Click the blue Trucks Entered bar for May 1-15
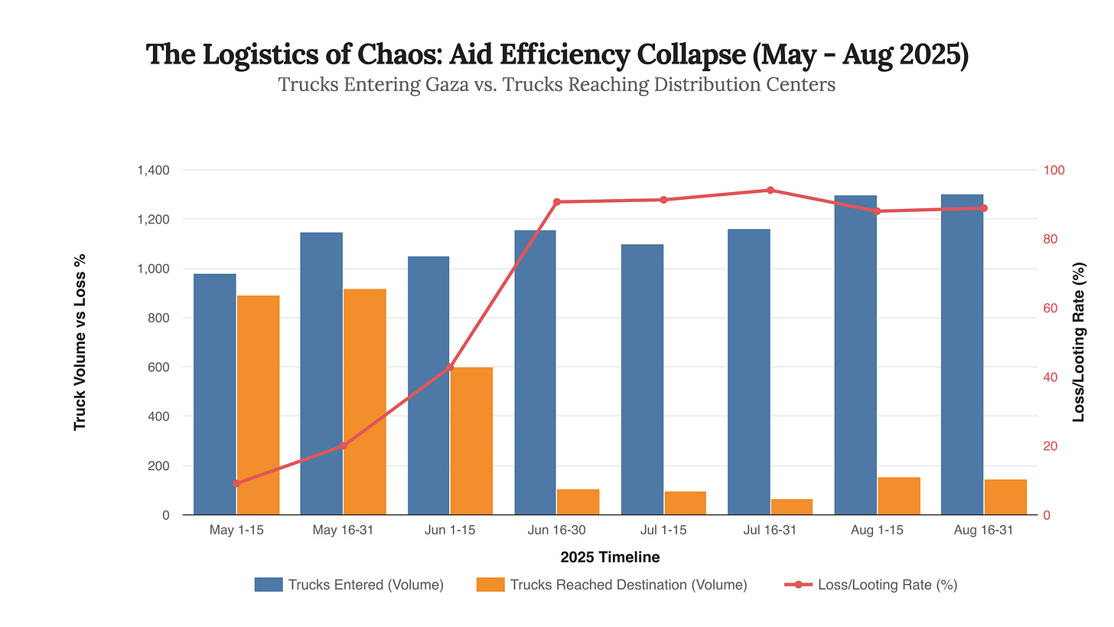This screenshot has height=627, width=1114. pyautogui.click(x=214, y=394)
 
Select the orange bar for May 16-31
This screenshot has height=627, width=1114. pyautogui.click(x=365, y=401)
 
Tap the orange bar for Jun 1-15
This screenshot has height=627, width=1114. pyautogui.click(x=471, y=440)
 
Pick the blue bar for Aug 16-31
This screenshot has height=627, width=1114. pyautogui.click(x=962, y=354)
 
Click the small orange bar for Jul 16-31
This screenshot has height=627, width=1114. pyautogui.click(x=792, y=507)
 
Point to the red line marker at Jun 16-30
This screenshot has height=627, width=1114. pyautogui.click(x=557, y=202)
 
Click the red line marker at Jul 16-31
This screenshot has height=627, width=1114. pyautogui.click(x=770, y=190)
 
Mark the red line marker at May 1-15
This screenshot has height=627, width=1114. pyautogui.click(x=236, y=483)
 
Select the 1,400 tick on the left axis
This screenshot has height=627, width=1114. pyautogui.click(x=153, y=170)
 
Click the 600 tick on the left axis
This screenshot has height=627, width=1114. pyautogui.click(x=159, y=367)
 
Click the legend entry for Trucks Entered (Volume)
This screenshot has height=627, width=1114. pyautogui.click(x=349, y=585)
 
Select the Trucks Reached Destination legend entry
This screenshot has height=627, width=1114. pyautogui.click(x=611, y=585)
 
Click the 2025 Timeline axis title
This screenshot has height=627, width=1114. pyautogui.click(x=610, y=557)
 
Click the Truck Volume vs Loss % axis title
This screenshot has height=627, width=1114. pyautogui.click(x=80, y=342)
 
